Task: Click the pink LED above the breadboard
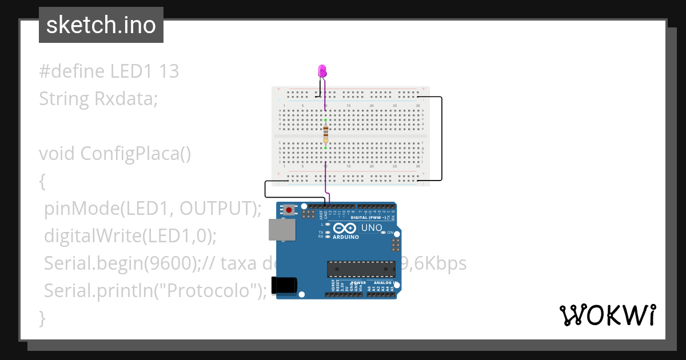click(x=322, y=71)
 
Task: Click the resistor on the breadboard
click(x=325, y=134)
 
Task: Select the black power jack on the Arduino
click(x=285, y=285)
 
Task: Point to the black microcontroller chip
click(x=361, y=269)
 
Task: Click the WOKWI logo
click(x=607, y=315)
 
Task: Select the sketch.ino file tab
click(x=101, y=25)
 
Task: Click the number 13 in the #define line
click(x=169, y=71)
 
